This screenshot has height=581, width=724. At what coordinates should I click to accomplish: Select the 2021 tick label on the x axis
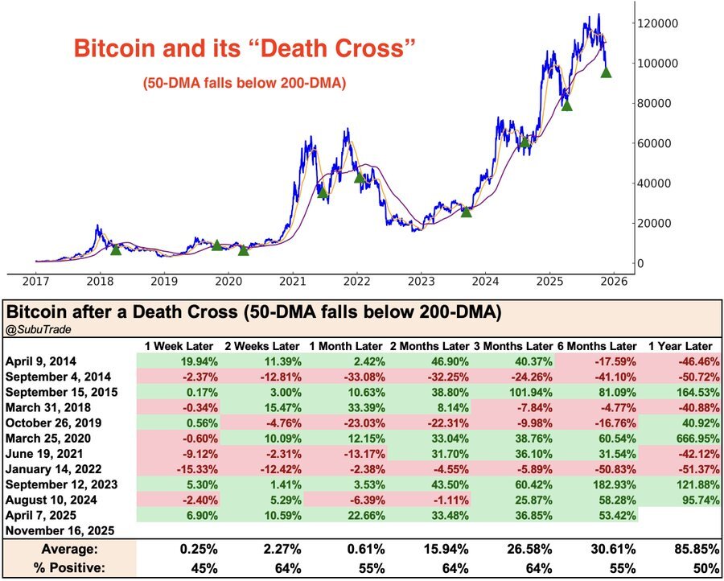click(292, 281)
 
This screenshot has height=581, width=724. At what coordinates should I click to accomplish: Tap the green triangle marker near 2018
click(116, 249)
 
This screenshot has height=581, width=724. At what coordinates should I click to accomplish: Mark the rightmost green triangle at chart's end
click(606, 72)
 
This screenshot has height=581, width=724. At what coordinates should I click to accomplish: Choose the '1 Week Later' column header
click(179, 345)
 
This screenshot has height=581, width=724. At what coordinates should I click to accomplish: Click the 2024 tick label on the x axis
click(485, 281)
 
